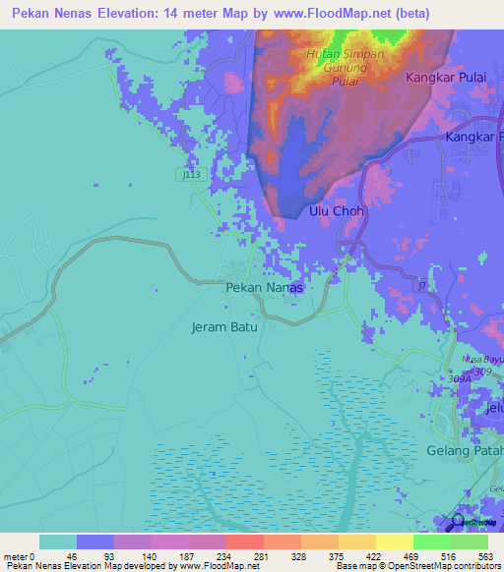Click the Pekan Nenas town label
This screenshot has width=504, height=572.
click(x=263, y=288)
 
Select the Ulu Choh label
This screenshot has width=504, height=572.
click(x=337, y=211)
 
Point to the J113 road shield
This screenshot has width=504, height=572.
click(x=191, y=174)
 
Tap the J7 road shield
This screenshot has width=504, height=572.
click(x=422, y=286)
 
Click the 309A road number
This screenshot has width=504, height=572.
click(x=456, y=378)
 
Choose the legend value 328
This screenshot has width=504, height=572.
click(x=301, y=555)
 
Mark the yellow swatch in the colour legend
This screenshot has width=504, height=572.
click(x=394, y=542)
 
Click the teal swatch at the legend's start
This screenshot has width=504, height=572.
click(x=58, y=542)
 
